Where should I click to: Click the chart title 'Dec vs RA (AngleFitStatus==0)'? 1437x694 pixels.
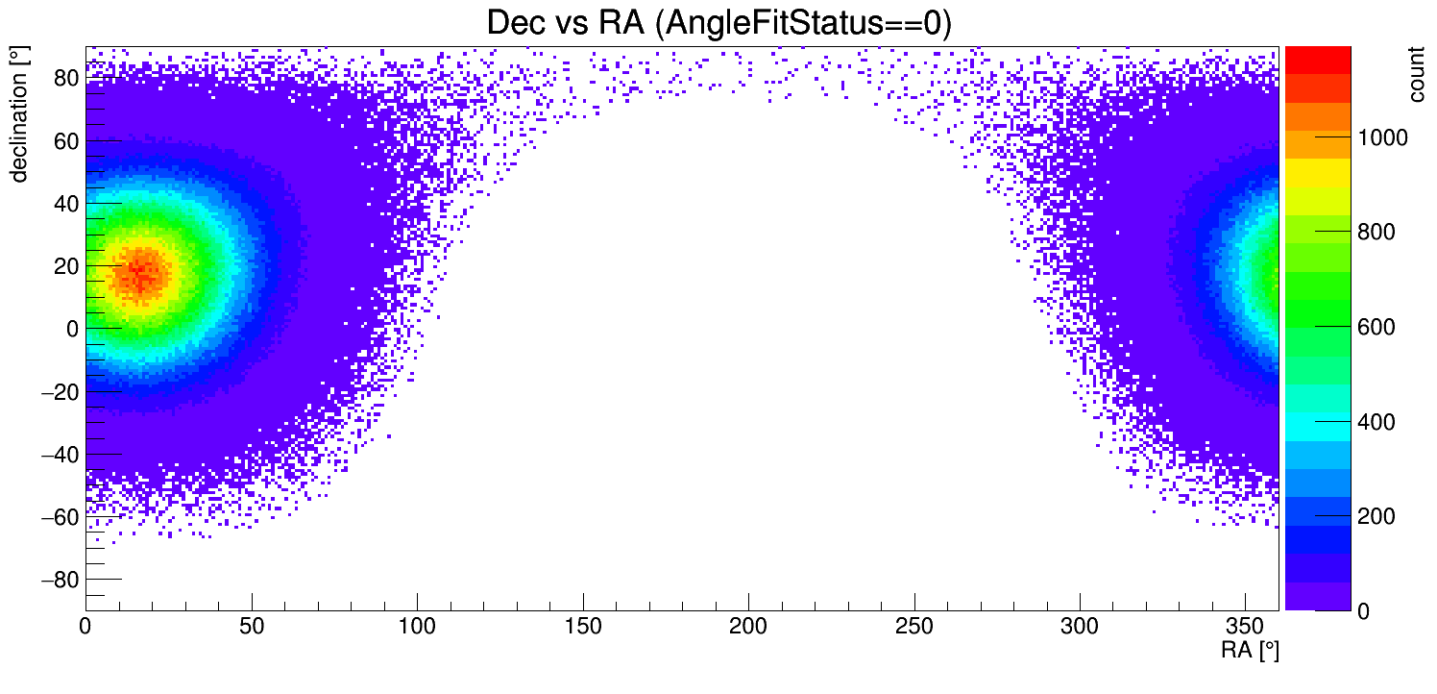point(718,23)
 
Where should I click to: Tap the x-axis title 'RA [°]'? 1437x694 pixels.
point(1250,652)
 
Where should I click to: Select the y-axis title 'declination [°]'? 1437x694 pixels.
point(19,116)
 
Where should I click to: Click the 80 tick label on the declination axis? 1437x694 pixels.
point(65,79)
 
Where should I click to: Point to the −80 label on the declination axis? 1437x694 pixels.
point(59,580)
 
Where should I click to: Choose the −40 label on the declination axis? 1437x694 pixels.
point(59,455)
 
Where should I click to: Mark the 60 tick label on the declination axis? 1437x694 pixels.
point(65,141)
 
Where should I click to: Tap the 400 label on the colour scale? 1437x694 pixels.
point(1375,423)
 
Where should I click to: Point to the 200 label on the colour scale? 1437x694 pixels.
point(1375,517)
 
